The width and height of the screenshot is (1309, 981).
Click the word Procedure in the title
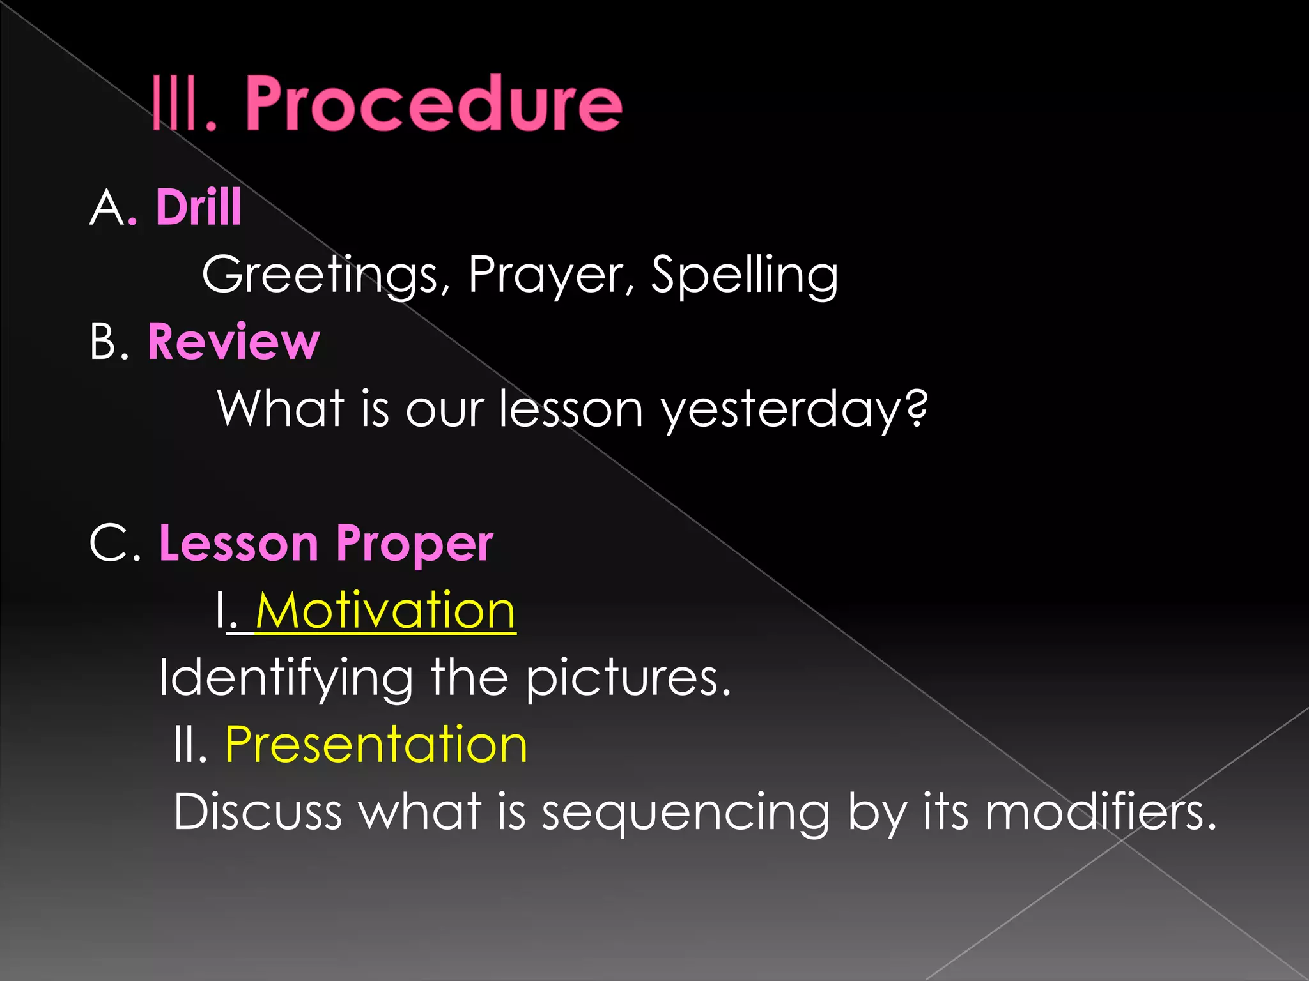[433, 103]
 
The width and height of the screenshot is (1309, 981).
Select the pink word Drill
[198, 208]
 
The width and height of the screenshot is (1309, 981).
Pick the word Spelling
[743, 275]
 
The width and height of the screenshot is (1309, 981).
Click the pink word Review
[233, 342]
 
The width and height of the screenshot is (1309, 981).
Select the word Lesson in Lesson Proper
[238, 543]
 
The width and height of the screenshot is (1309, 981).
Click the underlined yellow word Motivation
[385, 611]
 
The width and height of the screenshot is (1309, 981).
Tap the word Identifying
[286, 678]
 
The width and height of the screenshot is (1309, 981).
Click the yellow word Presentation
[376, 745]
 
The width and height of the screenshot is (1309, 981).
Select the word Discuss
[258, 812]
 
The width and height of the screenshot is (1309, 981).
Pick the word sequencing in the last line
[685, 813]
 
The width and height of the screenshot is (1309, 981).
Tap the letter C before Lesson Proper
[110, 544]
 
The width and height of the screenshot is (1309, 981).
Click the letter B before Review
[104, 342]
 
